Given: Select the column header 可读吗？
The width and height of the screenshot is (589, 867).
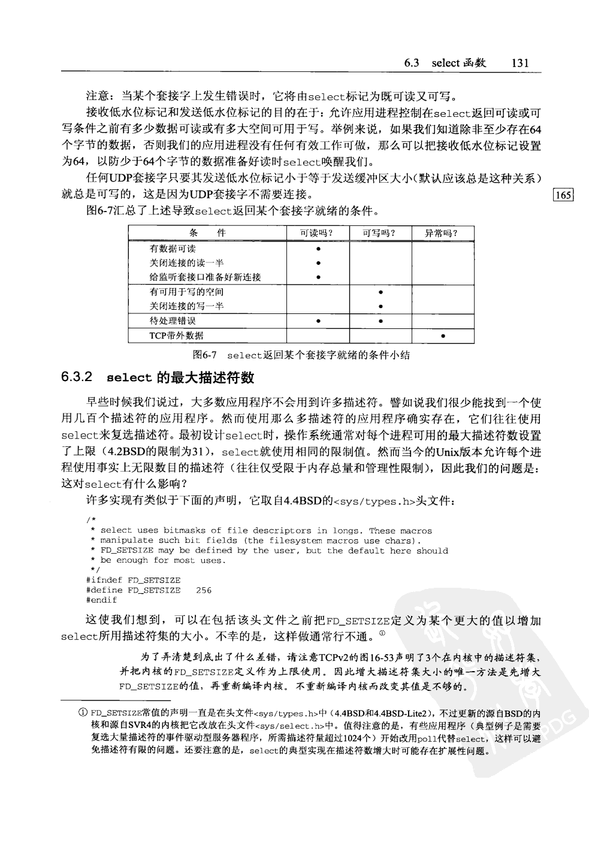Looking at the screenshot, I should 318,234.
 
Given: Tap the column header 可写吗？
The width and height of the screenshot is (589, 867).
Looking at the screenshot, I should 380,234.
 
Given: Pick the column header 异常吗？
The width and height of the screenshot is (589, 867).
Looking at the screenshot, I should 442,234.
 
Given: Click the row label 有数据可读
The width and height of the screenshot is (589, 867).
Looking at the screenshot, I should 173,249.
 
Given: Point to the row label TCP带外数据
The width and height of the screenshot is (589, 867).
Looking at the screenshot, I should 176,336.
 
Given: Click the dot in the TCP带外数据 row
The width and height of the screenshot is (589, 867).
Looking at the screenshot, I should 442,336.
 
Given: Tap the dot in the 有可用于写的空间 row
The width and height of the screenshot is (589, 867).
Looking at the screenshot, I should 380,292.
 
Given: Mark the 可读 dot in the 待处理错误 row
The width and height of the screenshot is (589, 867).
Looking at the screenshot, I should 318,322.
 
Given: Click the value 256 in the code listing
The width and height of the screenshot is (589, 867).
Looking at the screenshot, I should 204,590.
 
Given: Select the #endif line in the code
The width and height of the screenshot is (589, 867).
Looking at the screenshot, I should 102,600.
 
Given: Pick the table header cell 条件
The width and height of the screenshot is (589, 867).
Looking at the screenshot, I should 207,234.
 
